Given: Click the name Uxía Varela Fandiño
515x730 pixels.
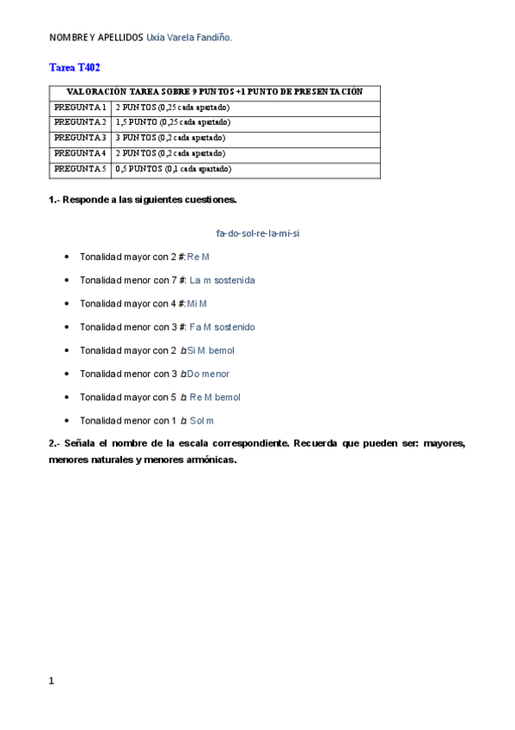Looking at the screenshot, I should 189,38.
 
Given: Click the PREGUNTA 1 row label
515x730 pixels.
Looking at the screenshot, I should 80,108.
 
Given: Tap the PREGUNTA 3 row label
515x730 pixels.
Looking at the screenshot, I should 80,138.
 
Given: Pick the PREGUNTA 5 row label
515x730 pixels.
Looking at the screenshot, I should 80,169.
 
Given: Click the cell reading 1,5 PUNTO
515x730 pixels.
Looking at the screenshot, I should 172,122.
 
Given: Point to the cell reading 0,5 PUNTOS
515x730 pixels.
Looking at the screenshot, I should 173,169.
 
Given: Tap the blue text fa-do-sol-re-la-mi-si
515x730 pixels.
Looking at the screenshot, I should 257,233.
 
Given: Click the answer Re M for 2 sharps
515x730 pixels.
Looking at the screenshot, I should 199,257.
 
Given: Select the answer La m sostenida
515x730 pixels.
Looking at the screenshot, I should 222,280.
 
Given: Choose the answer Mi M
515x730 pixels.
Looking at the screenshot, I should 197,304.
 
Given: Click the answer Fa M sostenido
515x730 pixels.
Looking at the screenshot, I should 222,327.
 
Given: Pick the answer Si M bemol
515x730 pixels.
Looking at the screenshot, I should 210,350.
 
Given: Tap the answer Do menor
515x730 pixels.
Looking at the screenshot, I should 208,374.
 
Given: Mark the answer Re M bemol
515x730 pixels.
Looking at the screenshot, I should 215,398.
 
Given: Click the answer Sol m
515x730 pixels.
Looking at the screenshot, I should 202,421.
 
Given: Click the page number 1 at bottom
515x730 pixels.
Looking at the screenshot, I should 52,681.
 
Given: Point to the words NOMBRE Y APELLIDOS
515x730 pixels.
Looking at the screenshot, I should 95,38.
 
